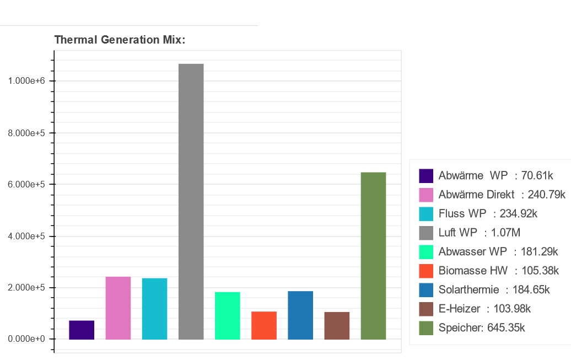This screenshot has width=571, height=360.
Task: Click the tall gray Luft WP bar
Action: pyautogui.click(x=191, y=201)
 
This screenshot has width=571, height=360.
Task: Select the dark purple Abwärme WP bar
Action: pyautogui.click(x=82, y=330)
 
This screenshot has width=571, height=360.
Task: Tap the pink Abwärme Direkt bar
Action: pyautogui.click(x=118, y=308)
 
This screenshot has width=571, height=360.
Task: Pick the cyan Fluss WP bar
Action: pyautogui.click(x=154, y=309)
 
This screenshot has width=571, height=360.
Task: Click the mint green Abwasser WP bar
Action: pyautogui.click(x=227, y=316)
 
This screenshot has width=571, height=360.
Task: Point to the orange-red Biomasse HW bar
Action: pyautogui.click(x=263, y=326)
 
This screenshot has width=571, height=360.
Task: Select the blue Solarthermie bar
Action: pyautogui.click(x=300, y=315)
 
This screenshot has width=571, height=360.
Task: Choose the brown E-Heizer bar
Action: pyautogui.click(x=336, y=326)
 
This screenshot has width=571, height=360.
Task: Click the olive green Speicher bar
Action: pyautogui.click(x=373, y=256)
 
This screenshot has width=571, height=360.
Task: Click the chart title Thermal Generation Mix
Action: pyautogui.click(x=120, y=40)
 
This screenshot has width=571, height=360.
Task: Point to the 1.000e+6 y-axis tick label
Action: pyautogui.click(x=26, y=81)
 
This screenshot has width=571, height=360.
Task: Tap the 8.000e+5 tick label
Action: pyautogui.click(x=26, y=133)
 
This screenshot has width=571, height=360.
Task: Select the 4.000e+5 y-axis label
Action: pyautogui.click(x=26, y=236)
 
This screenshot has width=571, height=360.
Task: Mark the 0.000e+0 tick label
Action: pyautogui.click(x=26, y=339)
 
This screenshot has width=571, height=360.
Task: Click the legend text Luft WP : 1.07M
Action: pyautogui.click(x=480, y=233)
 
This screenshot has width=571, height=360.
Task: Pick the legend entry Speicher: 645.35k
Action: pyautogui.click(x=481, y=327)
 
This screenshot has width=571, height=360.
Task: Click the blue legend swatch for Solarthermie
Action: pyautogui.click(x=426, y=290)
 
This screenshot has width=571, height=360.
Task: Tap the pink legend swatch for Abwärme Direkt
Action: pyautogui.click(x=426, y=195)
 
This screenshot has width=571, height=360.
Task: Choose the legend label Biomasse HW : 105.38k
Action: pyautogui.click(x=499, y=270)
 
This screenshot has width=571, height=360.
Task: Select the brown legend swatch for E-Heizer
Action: pyautogui.click(x=426, y=309)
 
